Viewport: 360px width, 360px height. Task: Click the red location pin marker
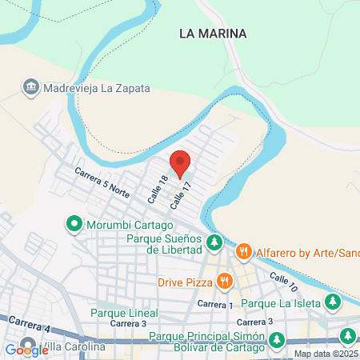point(180,162)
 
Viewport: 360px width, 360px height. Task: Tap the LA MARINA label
point(213,34)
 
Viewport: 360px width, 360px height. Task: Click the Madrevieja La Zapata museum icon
point(31,86)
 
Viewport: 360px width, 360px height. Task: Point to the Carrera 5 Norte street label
point(102,182)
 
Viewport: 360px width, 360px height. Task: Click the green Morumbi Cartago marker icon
point(74,225)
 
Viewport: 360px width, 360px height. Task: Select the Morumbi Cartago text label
point(129,225)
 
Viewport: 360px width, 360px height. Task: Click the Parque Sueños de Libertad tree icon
point(214,242)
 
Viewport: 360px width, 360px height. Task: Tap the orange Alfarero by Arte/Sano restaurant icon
point(244,253)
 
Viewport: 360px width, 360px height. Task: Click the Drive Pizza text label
point(184,282)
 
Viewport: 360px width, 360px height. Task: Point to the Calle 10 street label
point(284,281)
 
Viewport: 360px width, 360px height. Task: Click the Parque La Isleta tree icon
point(333,302)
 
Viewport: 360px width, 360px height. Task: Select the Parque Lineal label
point(124,313)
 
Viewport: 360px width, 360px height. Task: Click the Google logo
point(26,350)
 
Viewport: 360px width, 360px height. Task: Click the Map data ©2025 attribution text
point(326,354)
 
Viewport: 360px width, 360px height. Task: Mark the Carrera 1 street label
point(214,305)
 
